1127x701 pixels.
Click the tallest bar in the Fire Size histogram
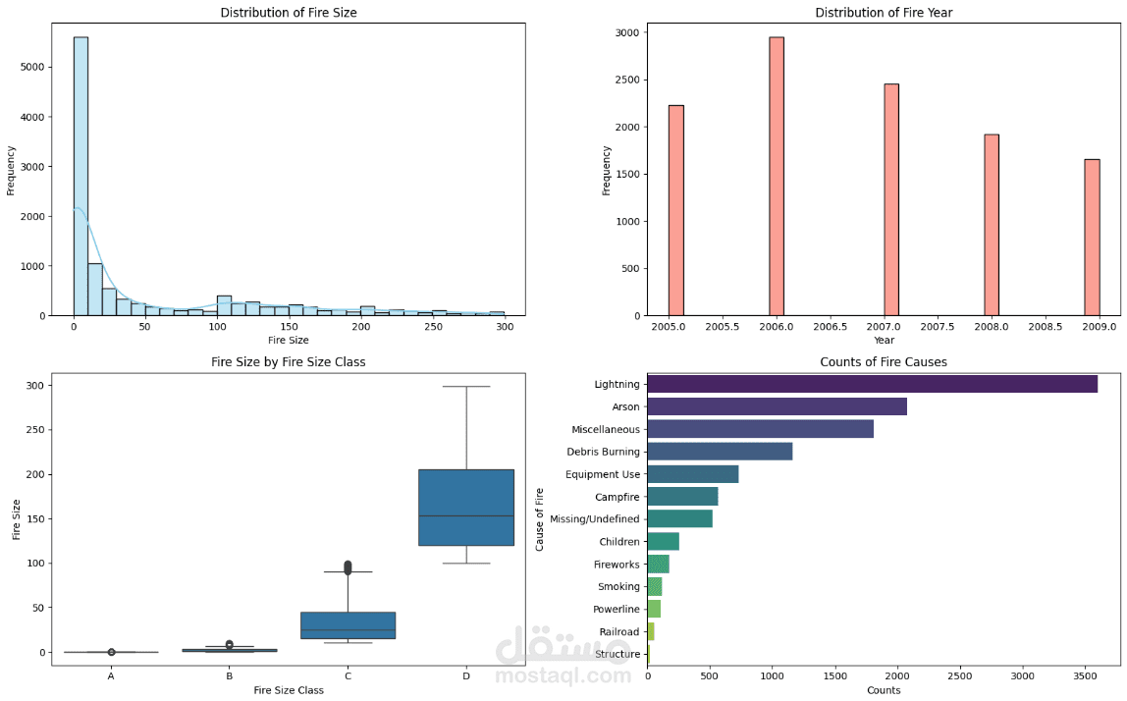(x=80, y=176)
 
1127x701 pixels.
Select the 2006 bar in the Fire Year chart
(x=777, y=176)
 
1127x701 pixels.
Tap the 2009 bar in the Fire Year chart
(x=1092, y=238)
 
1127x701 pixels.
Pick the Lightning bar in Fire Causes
(x=873, y=384)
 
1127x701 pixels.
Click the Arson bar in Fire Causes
(x=777, y=406)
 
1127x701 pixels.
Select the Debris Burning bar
(x=720, y=452)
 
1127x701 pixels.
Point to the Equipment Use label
(x=603, y=474)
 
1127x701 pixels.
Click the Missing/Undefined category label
(x=594, y=519)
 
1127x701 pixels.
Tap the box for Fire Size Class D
(x=466, y=508)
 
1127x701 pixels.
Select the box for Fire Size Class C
(x=348, y=625)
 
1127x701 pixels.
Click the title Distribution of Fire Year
(x=884, y=12)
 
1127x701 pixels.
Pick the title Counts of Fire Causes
(x=884, y=361)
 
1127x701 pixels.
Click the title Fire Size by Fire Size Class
(x=289, y=361)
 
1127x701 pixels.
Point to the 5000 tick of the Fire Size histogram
(x=33, y=67)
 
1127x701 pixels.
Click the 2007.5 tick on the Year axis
(x=938, y=326)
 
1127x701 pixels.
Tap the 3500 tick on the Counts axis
(x=1086, y=675)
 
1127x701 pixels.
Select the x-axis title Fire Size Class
(x=289, y=690)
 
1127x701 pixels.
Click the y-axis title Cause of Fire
(x=540, y=519)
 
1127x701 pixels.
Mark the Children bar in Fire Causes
(x=664, y=541)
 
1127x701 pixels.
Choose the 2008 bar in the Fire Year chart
(x=992, y=225)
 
